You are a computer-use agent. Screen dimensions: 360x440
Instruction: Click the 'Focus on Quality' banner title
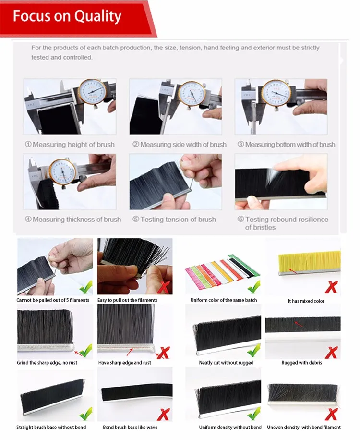(67, 16)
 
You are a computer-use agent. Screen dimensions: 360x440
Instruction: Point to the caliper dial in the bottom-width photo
(276, 92)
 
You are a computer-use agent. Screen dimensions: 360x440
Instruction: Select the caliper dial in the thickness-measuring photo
(62, 172)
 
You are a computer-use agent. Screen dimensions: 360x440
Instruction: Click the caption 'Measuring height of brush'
(70, 145)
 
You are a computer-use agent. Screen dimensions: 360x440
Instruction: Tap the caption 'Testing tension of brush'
(174, 220)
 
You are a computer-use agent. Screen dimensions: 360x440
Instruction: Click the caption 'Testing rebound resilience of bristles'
(283, 223)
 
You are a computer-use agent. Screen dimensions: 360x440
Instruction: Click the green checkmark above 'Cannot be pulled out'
(85, 287)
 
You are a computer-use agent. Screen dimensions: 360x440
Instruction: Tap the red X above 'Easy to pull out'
(164, 287)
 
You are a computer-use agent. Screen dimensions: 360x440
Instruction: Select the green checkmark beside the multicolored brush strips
(254, 287)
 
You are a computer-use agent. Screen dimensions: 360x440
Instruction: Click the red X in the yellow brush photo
(331, 287)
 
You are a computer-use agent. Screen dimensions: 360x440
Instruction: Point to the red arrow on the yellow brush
(293, 271)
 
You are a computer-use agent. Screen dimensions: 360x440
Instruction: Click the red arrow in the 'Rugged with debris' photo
(298, 324)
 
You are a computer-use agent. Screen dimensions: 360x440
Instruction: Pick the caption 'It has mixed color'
(306, 301)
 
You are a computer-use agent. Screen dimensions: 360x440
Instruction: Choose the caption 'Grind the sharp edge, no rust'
(47, 363)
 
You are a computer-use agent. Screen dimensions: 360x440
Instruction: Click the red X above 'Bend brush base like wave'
(163, 415)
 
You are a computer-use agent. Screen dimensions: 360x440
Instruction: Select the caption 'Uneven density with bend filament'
(304, 428)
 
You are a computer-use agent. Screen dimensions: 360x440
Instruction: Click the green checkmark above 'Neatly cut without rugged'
(254, 351)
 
